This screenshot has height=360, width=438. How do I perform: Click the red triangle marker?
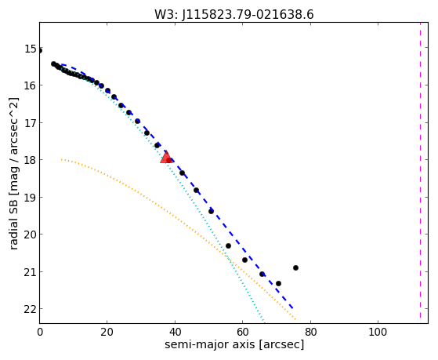pos(166,157)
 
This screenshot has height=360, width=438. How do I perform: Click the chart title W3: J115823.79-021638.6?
pos(234,15)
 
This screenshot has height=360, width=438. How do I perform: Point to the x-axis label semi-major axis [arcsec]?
pos(234,344)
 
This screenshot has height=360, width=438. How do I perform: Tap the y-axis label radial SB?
pos(13,223)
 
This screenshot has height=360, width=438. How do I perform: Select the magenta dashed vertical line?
pos(420,170)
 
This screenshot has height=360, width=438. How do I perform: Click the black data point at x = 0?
pos(40,51)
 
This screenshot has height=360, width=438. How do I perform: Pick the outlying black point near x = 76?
pos(296,267)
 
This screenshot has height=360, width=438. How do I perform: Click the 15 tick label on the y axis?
pos(31,49)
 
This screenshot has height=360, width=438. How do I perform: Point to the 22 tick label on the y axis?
pos(31,309)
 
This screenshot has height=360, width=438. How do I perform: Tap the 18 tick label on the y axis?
pos(31,160)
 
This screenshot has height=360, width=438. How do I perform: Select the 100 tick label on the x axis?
pos(378,332)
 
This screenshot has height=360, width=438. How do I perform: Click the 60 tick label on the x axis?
pos(242,332)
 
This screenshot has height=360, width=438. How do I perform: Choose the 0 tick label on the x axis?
pos(40,332)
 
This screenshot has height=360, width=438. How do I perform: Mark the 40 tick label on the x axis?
pos(175,332)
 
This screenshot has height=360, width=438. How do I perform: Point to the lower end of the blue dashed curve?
pos(292,308)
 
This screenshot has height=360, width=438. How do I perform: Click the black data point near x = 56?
pos(228,245)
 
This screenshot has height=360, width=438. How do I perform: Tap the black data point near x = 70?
pos(278,283)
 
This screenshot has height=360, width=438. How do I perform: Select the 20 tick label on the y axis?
pos(31,235)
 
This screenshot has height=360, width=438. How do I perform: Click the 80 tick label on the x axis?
pos(310,332)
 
